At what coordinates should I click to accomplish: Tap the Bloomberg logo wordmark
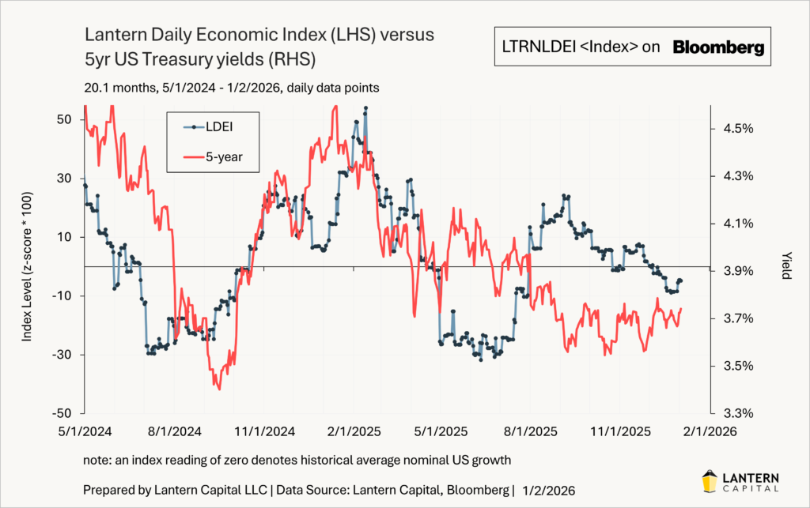[x=718, y=47]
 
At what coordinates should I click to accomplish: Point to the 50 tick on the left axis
[x=64, y=119]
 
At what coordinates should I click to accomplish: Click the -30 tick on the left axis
[x=62, y=355]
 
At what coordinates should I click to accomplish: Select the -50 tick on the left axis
[x=62, y=413]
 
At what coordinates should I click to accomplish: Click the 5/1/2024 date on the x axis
[x=85, y=431]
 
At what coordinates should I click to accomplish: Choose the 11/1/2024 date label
[x=262, y=431]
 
